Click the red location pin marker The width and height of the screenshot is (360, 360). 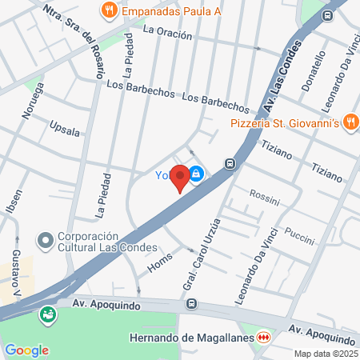pos(180,177)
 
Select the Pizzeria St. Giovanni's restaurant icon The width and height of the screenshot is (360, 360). pos(350,122)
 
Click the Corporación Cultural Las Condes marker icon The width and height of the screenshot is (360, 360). pos(46,239)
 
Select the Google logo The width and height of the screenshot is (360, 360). pos(26,350)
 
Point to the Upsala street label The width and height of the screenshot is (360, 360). pos(64,128)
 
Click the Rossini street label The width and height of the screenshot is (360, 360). pos(263,194)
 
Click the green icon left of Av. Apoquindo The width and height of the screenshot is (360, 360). pos(48,314)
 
